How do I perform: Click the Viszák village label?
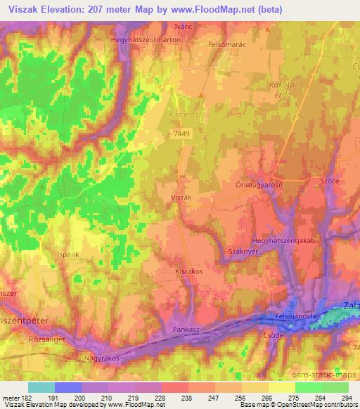(181, 199)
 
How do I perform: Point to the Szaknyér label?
(224, 252)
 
